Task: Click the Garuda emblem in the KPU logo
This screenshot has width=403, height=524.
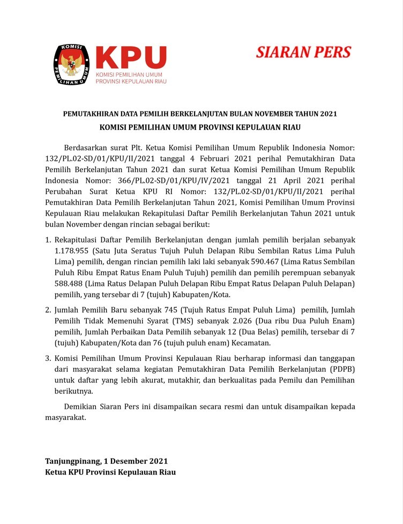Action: [72, 64]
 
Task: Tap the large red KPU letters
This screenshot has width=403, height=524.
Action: [131, 57]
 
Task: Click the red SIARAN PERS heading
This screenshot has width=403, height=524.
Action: [303, 52]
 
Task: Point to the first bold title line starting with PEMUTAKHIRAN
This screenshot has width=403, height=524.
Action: [200, 114]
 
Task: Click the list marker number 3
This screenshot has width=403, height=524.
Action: [48, 358]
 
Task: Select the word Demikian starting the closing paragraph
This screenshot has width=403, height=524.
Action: [81, 407]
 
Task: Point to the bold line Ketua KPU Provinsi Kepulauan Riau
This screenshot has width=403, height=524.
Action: [110, 472]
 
